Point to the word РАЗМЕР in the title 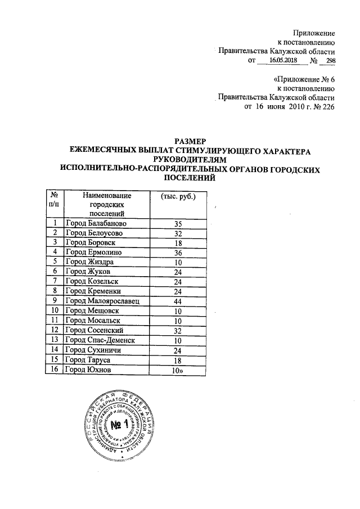(x=190, y=141)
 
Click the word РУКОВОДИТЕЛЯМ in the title (x=190, y=159)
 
